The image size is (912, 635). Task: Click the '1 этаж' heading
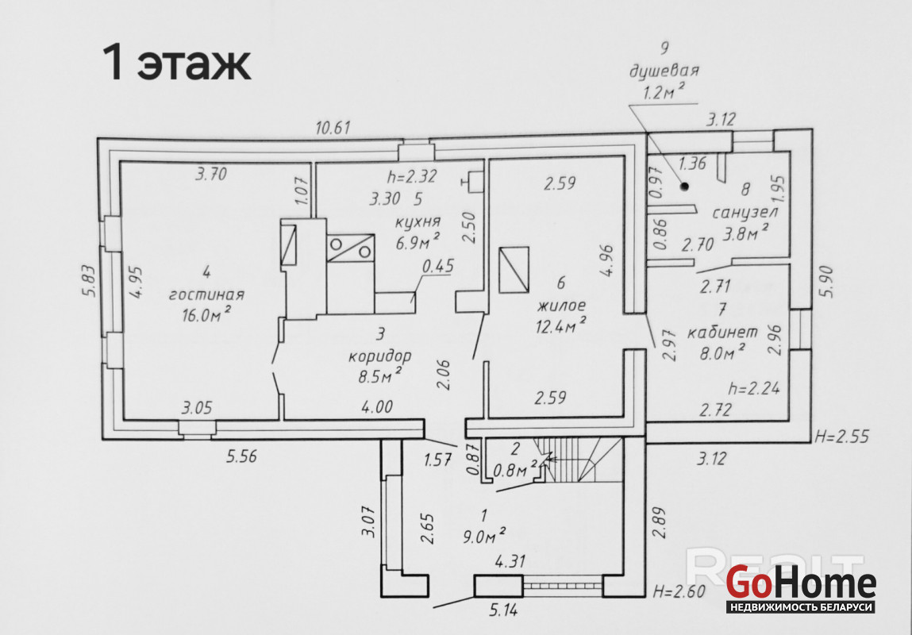[x=176, y=62]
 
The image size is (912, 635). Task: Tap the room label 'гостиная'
[x=206, y=294]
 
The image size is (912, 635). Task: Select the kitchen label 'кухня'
[x=418, y=221]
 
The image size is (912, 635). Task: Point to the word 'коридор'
[x=380, y=356]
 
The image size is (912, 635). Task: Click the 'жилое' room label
[x=561, y=306]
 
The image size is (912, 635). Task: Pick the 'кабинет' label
[x=723, y=332]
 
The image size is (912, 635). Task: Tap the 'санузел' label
[x=745, y=212]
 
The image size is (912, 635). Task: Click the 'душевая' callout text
[x=664, y=71]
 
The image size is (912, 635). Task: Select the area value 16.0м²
[x=206, y=314]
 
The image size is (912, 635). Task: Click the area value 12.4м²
[x=560, y=325]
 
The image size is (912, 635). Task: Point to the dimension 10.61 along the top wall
[x=333, y=127]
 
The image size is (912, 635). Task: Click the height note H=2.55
[x=841, y=436]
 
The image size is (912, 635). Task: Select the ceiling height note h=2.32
[x=412, y=175]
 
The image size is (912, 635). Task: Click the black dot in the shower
[x=684, y=187]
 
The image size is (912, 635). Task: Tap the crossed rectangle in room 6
[x=514, y=269]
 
